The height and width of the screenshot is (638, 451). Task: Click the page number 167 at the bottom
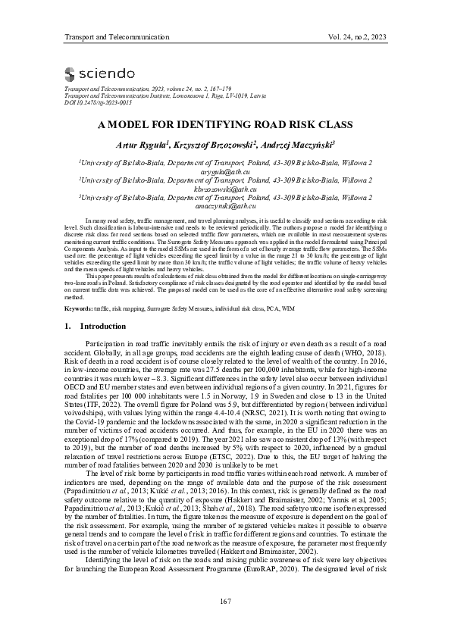tap(224, 602)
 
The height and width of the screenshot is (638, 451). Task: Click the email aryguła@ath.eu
tap(224, 172)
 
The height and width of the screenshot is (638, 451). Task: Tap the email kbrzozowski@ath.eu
tap(224, 189)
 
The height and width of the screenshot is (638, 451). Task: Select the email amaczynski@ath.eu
tap(224, 206)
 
